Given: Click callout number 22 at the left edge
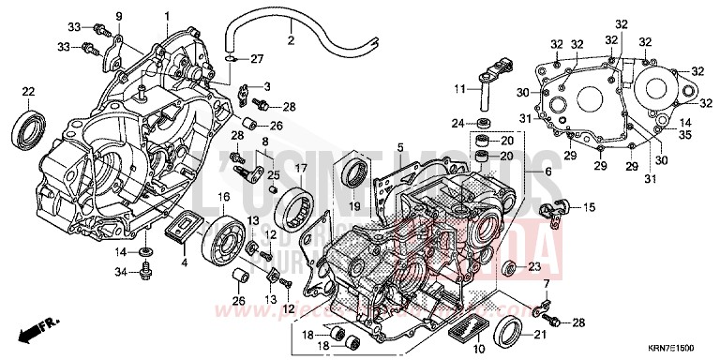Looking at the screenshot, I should (x=28, y=90).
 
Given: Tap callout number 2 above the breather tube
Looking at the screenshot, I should (x=291, y=40).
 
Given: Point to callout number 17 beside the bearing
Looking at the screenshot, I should (x=302, y=169).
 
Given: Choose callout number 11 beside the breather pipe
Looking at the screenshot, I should (x=461, y=89).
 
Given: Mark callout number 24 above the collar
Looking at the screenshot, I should (x=457, y=123).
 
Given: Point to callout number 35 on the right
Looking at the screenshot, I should (x=685, y=136).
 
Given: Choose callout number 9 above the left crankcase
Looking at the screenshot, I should (x=119, y=17).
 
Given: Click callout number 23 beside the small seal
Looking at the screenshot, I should (x=533, y=266).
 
